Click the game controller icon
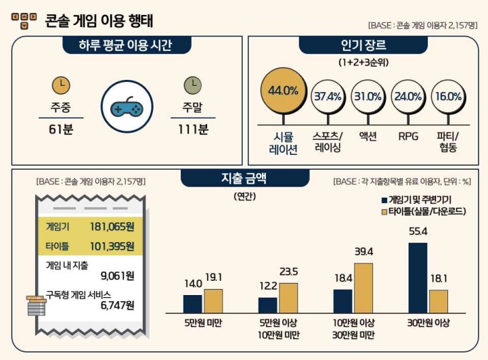[127, 107]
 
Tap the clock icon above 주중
[61, 85]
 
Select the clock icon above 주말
[193, 85]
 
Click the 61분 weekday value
[60, 129]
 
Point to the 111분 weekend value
[193, 129]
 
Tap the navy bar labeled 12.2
[267, 305]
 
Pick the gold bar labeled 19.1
[213, 300]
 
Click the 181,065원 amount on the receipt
[111, 226]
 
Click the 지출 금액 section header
[244, 179]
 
